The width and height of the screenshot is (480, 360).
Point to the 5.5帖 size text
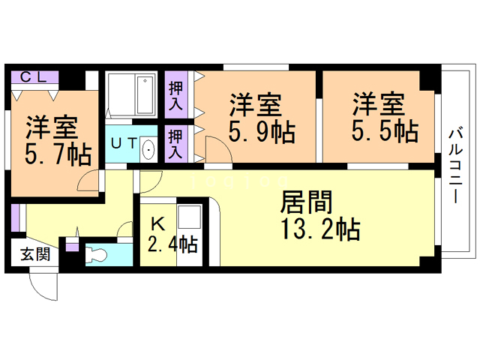(385, 131)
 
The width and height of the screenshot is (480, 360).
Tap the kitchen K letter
(157, 223)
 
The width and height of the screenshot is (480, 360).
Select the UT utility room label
(121, 142)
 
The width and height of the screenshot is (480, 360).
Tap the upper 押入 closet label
(175, 95)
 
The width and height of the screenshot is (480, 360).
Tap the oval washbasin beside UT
(147, 150)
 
